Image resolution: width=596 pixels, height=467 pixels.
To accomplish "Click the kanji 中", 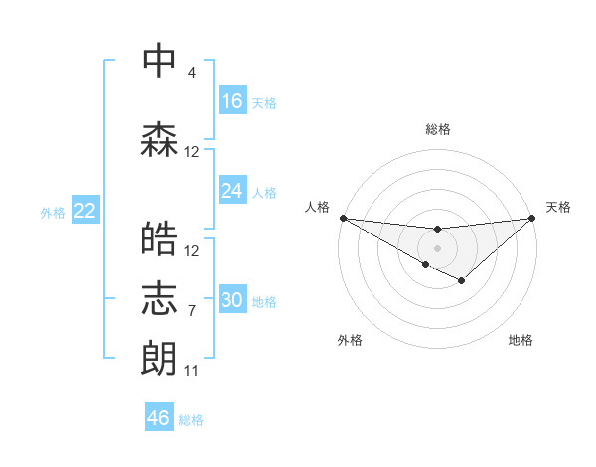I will pyautogui.click(x=159, y=61).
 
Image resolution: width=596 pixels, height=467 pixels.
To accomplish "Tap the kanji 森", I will pyautogui.click(x=159, y=140).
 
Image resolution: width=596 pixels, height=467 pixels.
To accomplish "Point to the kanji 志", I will pyautogui.click(x=159, y=298).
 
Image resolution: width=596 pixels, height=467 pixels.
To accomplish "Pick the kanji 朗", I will pyautogui.click(x=159, y=358).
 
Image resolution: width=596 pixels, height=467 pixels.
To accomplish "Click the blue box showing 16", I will pyautogui.click(x=232, y=101).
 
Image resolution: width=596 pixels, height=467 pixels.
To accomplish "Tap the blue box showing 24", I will pyautogui.click(x=232, y=191).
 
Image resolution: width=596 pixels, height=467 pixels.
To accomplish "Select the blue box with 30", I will pyautogui.click(x=232, y=300).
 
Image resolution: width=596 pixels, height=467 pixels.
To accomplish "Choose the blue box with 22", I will pyautogui.click(x=85, y=211).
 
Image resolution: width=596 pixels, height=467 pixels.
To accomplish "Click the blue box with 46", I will pyautogui.click(x=159, y=418).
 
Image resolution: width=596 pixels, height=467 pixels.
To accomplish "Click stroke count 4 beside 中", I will pyautogui.click(x=192, y=73).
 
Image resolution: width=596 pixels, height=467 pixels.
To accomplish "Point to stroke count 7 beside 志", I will pyautogui.click(x=192, y=310).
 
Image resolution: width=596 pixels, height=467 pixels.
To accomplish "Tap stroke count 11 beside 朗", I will pyautogui.click(x=192, y=371).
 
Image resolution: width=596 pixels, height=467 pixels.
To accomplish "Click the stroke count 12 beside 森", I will pyautogui.click(x=192, y=152).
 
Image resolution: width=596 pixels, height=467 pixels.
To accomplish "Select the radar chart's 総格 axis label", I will pyautogui.click(x=437, y=129).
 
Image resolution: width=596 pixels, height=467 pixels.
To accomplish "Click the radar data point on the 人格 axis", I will pyautogui.click(x=343, y=218).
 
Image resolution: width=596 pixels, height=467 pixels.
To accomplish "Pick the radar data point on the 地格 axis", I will pyautogui.click(x=462, y=281).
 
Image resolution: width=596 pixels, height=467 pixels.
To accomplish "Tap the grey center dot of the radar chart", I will pyautogui.click(x=437, y=247).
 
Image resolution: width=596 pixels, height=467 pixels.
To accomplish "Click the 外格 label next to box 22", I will pyautogui.click(x=53, y=212).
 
